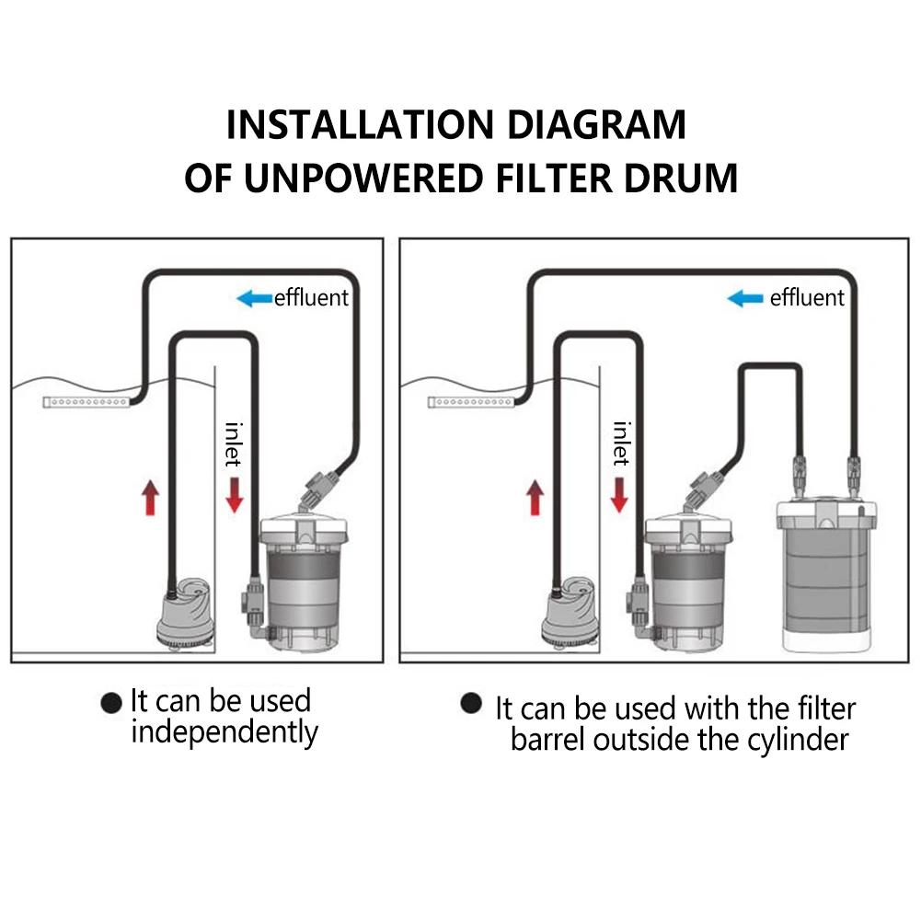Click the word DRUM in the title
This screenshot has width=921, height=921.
[680, 178]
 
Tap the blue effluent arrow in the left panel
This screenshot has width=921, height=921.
[255, 298]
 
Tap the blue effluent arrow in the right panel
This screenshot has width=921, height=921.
[745, 298]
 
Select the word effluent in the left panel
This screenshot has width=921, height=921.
[312, 298]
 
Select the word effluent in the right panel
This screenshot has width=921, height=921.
[806, 298]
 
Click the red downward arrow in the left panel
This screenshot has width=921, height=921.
[234, 492]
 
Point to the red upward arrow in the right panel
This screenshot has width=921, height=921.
[534, 497]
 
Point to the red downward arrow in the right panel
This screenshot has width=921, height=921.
[619, 492]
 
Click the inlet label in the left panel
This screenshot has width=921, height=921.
[235, 443]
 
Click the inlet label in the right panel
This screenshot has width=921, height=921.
[622, 443]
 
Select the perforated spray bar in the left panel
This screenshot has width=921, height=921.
[87, 402]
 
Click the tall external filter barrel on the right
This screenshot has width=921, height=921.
[823, 570]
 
